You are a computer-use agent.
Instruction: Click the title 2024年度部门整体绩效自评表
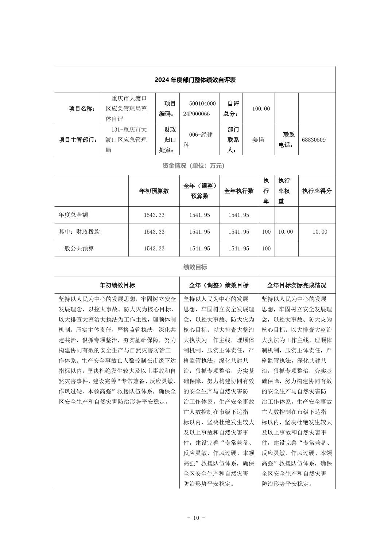(195, 80)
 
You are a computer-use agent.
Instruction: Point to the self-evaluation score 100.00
(261, 109)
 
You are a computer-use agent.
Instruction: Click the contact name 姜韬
(258, 140)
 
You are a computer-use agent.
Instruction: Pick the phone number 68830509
(314, 140)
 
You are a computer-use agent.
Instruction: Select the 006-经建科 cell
(198, 140)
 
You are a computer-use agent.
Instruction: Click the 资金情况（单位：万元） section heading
(195, 165)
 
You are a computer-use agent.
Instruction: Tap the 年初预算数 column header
(154, 191)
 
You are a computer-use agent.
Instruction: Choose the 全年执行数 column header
(238, 191)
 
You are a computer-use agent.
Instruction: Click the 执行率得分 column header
(317, 191)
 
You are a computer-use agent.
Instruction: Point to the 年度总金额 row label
(73, 215)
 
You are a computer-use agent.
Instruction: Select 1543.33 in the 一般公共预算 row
(154, 249)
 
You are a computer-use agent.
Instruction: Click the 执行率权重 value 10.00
(286, 232)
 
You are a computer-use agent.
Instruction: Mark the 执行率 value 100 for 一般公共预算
(266, 249)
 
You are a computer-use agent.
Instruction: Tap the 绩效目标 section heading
(195, 267)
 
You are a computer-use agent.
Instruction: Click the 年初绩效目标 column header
(117, 285)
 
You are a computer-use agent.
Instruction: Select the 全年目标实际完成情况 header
(296, 285)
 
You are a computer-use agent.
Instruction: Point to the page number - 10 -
(196, 518)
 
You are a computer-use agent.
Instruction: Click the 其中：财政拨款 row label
(79, 232)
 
